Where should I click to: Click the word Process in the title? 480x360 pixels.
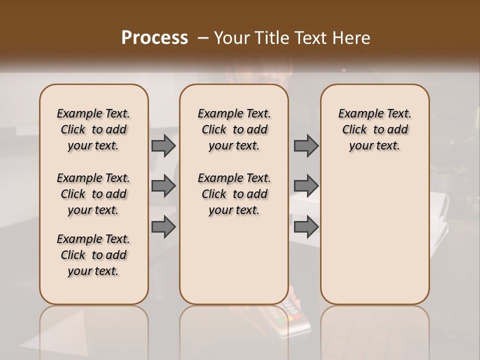tap(154, 38)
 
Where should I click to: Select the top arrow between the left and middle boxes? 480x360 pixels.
tap(163, 145)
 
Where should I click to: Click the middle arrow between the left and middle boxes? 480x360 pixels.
tap(163, 186)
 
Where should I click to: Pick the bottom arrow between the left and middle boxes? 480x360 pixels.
tap(163, 227)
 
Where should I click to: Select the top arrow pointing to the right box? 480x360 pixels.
tap(306, 145)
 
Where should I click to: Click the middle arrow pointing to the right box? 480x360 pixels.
tap(306, 186)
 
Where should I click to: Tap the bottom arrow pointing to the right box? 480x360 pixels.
tap(306, 227)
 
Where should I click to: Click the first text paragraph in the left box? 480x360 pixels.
tap(93, 129)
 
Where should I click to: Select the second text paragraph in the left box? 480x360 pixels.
tap(93, 194)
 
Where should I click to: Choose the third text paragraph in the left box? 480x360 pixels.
tap(93, 255)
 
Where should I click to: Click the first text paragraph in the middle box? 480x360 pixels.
tap(234, 129)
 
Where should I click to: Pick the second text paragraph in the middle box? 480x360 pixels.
tap(234, 194)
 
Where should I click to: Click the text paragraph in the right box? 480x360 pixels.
tap(374, 129)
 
